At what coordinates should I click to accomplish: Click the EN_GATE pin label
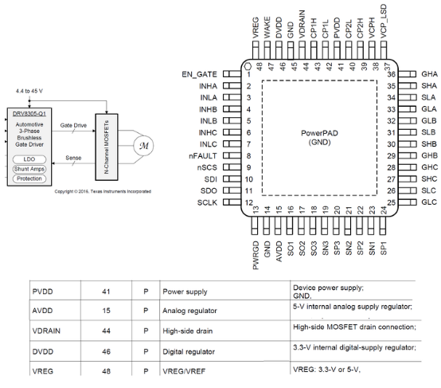(x=199, y=74)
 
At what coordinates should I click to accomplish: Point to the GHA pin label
(x=431, y=74)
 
